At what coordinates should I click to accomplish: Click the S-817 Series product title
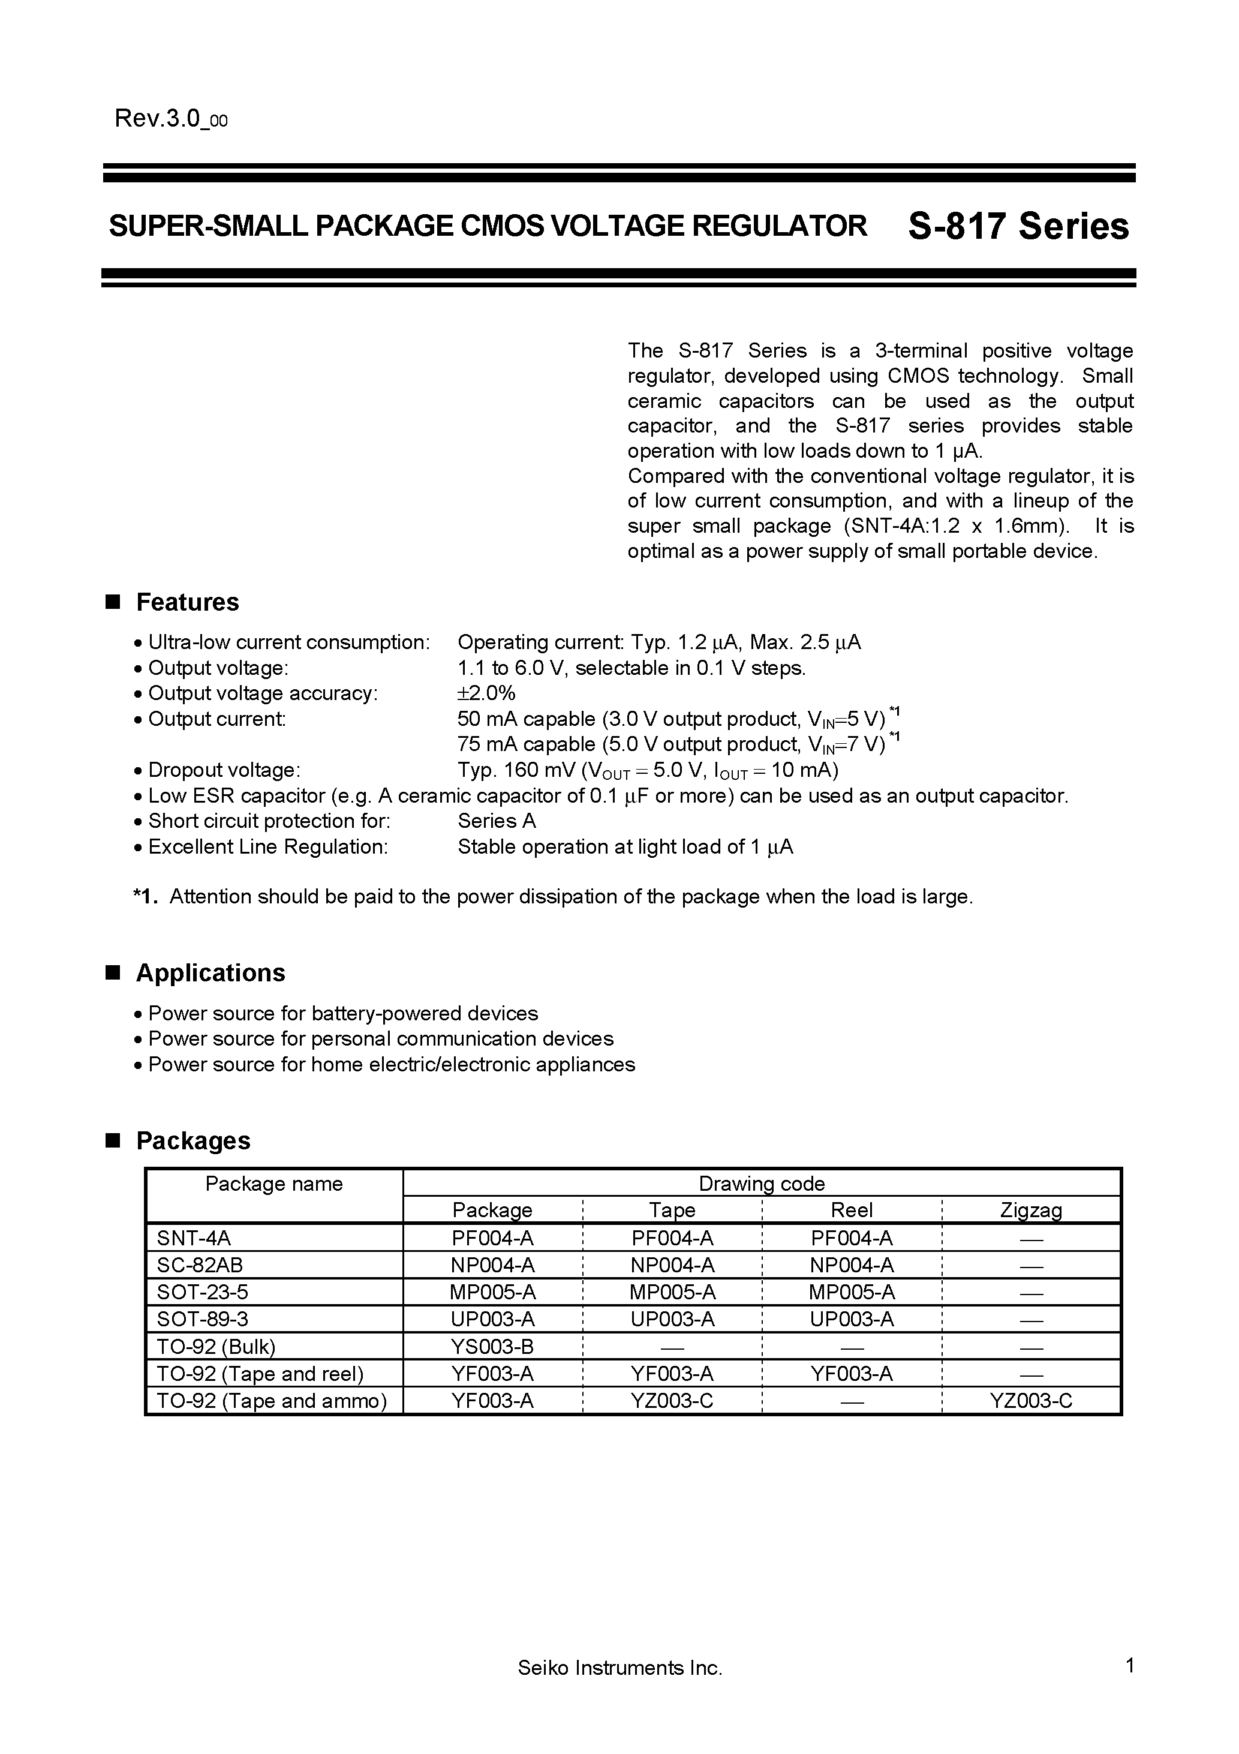1018,227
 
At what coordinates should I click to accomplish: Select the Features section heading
187,602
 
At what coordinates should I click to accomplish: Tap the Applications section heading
210,972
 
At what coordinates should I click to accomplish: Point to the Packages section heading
193,1140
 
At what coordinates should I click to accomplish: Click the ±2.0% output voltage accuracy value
486,693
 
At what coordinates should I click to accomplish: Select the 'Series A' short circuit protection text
497,821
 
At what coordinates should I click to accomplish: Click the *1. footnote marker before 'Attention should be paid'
145,896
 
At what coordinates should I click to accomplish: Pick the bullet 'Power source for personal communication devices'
380,1039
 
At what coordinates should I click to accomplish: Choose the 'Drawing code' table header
762,1184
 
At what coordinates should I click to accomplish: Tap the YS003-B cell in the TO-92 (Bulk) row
492,1346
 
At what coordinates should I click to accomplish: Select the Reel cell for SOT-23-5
852,1292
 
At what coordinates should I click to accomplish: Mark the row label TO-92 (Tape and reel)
260,1374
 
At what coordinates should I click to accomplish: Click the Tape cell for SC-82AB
672,1265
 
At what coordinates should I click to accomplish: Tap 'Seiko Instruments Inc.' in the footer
619,1689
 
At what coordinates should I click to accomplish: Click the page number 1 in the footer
1130,1687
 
